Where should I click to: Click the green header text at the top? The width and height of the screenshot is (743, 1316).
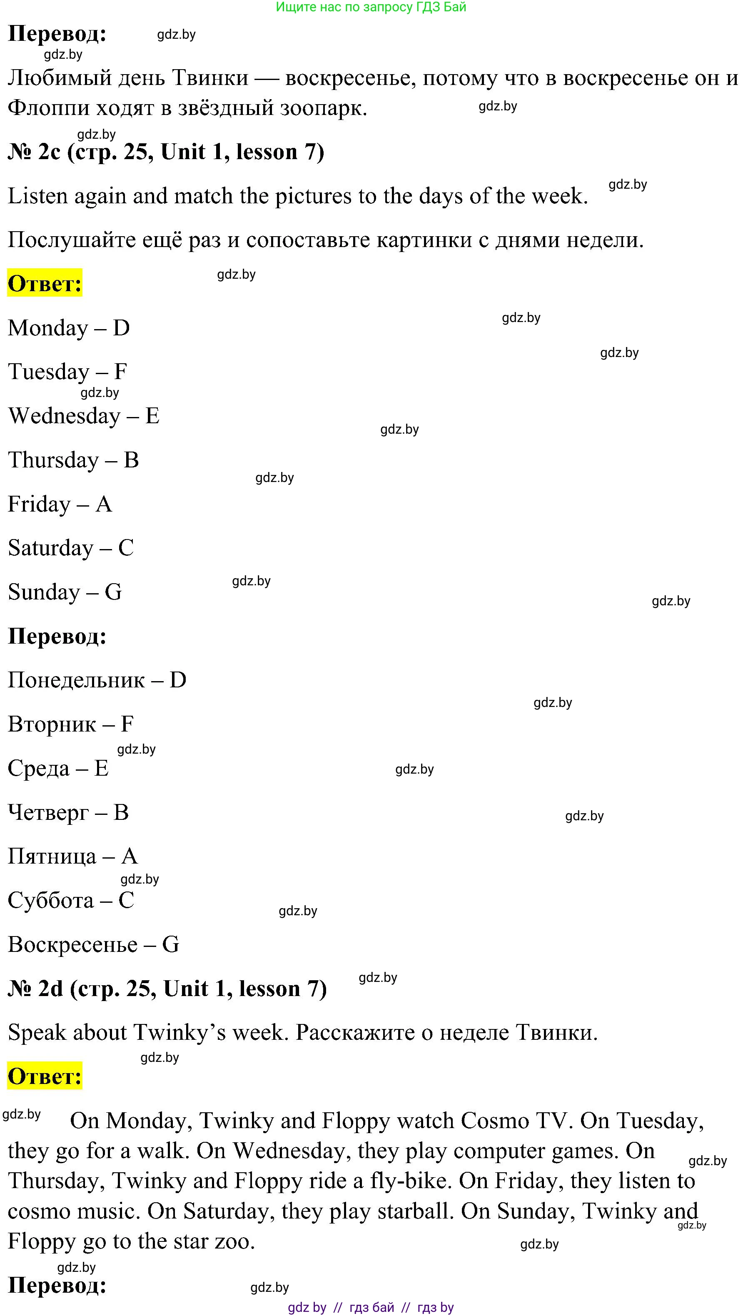click(x=371, y=7)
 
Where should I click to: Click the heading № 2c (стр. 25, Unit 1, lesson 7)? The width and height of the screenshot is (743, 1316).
click(x=166, y=152)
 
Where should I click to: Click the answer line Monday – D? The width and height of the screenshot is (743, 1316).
click(x=69, y=328)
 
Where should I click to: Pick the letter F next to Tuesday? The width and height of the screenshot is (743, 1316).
click(x=120, y=372)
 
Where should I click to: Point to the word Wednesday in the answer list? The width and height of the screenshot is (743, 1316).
click(x=64, y=415)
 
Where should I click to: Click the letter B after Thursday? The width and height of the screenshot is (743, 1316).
click(x=131, y=460)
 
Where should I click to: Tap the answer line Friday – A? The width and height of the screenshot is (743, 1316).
click(x=60, y=504)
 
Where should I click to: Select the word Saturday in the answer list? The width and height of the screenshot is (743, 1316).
click(x=50, y=548)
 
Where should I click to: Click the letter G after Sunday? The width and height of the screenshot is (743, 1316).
click(x=113, y=592)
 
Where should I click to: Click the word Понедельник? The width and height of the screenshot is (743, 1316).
click(x=77, y=680)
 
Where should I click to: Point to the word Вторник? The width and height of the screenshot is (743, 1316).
click(x=52, y=724)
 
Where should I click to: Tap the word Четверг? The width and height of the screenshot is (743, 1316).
click(x=48, y=812)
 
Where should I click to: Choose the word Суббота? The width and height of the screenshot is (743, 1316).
click(x=50, y=900)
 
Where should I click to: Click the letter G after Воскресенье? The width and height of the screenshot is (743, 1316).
click(x=171, y=944)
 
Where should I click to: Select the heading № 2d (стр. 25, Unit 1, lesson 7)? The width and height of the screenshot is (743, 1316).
click(x=167, y=989)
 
